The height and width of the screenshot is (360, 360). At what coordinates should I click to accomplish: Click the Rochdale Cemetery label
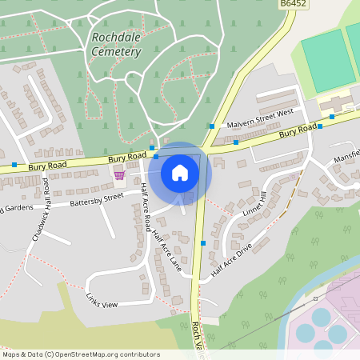pos(116,45)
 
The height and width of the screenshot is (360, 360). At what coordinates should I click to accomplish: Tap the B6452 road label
pos(293,5)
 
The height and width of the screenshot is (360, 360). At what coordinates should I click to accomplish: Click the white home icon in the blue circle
pos(180,172)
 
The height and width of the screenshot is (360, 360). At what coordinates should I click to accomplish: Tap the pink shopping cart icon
pos(119,174)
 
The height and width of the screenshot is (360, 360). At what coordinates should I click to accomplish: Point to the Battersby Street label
pos(96,198)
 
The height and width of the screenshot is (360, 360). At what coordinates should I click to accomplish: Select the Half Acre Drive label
pos(232,260)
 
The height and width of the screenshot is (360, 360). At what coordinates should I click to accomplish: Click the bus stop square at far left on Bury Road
pos(14,165)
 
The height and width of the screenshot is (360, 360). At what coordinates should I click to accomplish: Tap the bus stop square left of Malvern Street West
pos(211,126)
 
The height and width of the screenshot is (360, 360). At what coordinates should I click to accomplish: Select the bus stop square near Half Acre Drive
pos(204,242)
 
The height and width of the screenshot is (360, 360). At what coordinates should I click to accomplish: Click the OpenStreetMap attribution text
pos(81,354)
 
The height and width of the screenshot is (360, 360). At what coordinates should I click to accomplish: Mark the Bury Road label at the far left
pos(45,166)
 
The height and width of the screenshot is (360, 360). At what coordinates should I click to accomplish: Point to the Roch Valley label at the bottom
pos(196,340)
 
